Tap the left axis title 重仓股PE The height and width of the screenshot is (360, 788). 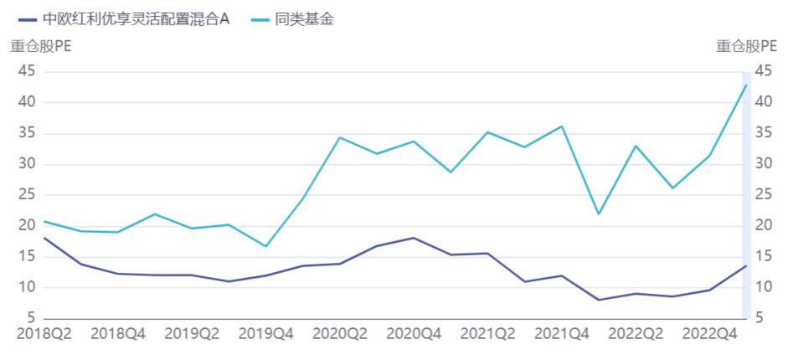coord(40,47)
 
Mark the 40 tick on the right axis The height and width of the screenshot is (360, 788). coord(763,102)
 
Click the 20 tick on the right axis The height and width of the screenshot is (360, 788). coord(763,225)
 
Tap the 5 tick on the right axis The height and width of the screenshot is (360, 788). coord(759,318)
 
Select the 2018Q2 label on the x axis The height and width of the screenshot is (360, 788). coord(44,333)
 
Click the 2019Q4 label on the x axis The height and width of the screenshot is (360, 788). coord(265,333)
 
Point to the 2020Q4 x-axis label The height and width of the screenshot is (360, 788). coord(414,333)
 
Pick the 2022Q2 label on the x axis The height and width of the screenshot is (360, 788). coord(636,333)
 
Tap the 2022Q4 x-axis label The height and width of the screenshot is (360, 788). coord(709,333)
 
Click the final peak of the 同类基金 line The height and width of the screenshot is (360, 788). coord(746,85)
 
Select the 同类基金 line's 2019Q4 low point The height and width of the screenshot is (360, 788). coord(265,246)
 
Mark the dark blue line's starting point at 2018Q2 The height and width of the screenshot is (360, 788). coord(44,238)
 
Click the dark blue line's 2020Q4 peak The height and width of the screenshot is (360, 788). coord(414,238)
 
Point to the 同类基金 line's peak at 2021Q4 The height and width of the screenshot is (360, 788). coord(561,126)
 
